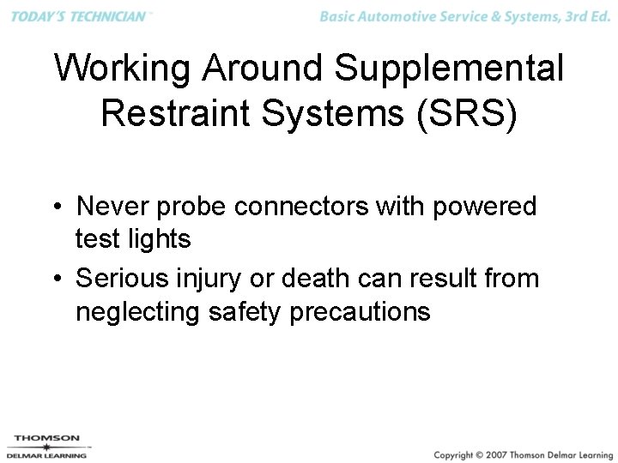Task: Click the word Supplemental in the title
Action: pyautogui.click(x=450, y=69)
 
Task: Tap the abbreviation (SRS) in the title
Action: pyautogui.click(x=464, y=112)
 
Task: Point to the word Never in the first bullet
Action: pyautogui.click(x=111, y=207)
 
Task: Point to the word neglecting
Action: pyautogui.click(x=138, y=312)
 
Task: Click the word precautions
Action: pyautogui.click(x=360, y=312)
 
